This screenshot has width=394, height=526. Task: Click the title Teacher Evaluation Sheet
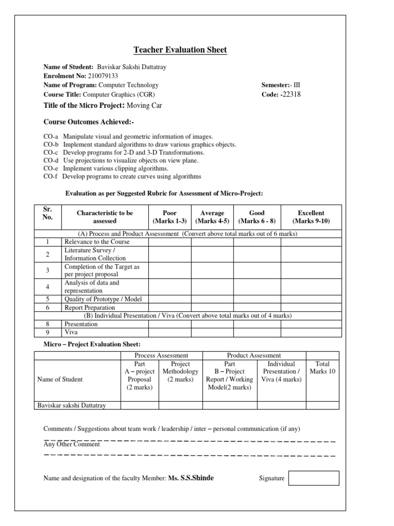click(180, 50)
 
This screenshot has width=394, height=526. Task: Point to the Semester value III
click(297, 85)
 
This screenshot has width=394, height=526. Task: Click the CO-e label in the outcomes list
click(50, 168)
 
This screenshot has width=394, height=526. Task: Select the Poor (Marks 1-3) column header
click(169, 217)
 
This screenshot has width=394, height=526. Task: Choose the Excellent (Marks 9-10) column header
click(311, 217)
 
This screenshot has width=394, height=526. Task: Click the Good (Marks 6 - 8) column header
click(257, 217)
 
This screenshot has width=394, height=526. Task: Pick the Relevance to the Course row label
click(97, 241)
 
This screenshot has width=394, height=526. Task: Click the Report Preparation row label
click(90, 307)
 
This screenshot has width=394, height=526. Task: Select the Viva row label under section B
click(71, 332)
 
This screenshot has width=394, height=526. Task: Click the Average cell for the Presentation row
click(212, 324)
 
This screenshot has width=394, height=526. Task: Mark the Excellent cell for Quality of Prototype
click(311, 299)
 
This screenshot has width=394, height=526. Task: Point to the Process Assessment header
click(161, 355)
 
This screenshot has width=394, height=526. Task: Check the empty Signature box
click(313, 478)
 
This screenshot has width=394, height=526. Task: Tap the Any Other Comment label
click(71, 444)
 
